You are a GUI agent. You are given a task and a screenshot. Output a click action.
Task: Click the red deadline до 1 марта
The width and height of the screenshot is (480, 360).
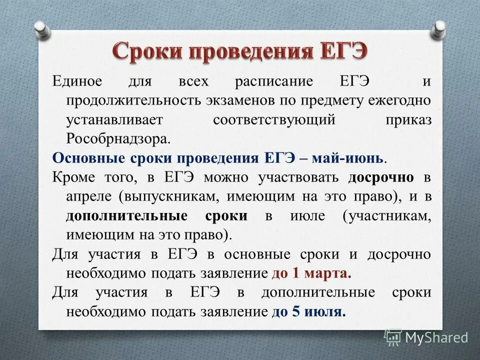point(311,274)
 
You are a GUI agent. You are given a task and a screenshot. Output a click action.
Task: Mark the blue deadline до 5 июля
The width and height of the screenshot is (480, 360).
point(308,312)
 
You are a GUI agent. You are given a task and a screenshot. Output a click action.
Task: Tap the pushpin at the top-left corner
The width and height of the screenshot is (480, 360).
point(42,28)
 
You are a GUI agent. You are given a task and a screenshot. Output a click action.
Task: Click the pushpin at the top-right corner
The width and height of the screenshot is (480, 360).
point(439,28)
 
